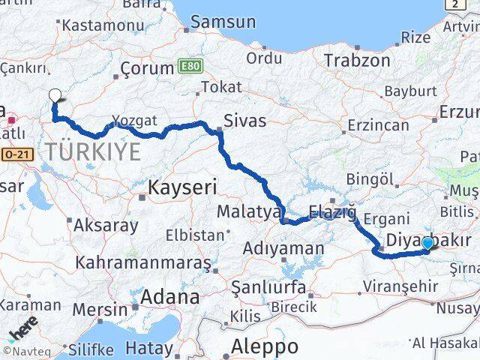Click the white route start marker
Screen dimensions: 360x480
[55, 95]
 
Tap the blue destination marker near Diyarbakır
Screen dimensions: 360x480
[427, 243]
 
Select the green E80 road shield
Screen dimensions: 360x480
[190, 66]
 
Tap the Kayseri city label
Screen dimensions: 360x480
[182, 187]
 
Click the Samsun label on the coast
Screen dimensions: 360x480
[223, 22]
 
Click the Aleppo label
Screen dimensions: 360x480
[264, 346]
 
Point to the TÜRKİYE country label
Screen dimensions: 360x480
[93, 151]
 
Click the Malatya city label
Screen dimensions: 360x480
[248, 212]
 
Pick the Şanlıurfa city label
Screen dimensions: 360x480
[268, 287]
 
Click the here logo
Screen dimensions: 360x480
[22, 331]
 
